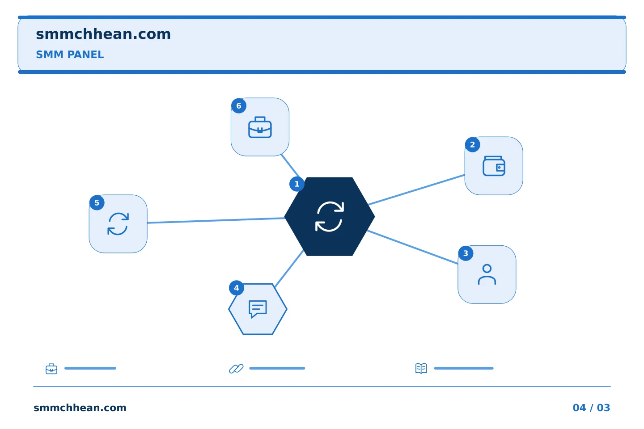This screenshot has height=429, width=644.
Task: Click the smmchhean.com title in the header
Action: coord(103,34)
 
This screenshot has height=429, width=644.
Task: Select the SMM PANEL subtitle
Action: coord(70,55)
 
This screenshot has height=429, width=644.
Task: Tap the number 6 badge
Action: coord(239,106)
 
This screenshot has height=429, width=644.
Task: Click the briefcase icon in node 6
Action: coord(260,127)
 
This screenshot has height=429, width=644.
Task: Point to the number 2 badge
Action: coord(472,144)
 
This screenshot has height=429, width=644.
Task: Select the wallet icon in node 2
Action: coord(494,166)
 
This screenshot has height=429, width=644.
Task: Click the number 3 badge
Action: coord(466,253)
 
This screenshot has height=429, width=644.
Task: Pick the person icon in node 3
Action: coord(487,274)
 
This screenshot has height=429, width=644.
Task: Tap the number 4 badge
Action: coord(236,288)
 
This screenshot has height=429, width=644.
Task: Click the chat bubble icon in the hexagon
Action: coord(258,309)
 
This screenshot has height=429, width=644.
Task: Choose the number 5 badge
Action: coord(97,202)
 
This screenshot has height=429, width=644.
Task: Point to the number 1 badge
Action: coord(297,184)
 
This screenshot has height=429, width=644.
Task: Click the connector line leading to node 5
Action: coord(216,220)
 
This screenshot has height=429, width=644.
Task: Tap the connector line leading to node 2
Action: coord(416,189)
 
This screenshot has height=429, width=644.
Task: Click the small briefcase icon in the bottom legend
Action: coord(51,369)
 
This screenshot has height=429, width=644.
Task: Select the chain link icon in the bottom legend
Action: coord(236,369)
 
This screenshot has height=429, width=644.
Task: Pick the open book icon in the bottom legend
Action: coord(421,368)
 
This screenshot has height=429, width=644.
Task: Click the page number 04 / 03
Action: coord(591,408)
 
